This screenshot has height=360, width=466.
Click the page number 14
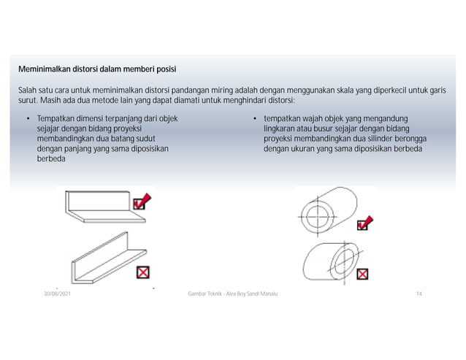pyautogui.click(x=419, y=294)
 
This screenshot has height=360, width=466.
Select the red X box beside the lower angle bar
pyautogui.click(x=143, y=273)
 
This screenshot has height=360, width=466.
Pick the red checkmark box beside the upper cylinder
pyautogui.click(x=365, y=223)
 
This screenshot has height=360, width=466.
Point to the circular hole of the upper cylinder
pyautogui.click(x=318, y=215)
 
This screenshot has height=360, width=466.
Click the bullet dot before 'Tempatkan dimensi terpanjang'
pyautogui.click(x=28, y=118)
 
